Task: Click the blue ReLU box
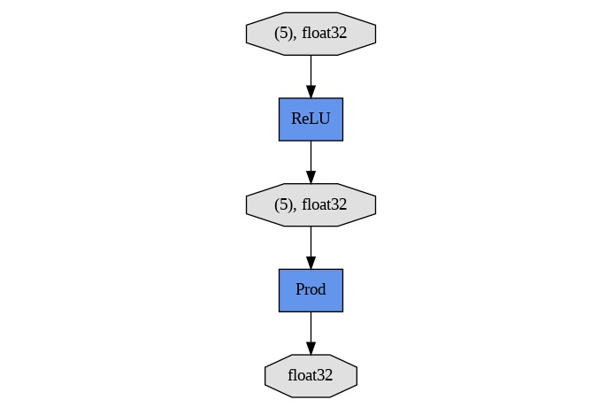pos(311,119)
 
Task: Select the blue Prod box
pos(311,290)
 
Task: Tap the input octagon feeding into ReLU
pos(311,34)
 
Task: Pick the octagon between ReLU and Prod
pos(311,204)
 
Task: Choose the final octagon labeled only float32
pos(311,376)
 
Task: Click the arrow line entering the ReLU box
pos(311,70)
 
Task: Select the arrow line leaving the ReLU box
pos(311,155)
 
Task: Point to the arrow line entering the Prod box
pos(311,241)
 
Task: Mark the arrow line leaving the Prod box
pos(311,327)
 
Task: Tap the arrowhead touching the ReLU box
pos(311,91)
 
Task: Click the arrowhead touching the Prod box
pos(311,262)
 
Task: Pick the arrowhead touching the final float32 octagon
pos(311,348)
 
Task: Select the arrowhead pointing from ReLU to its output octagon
pos(311,176)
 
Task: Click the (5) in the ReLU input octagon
pos(283,34)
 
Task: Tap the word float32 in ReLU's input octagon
pos(324,34)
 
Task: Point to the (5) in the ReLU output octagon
pos(283,204)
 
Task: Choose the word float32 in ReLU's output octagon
pos(324,204)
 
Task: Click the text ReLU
pos(311,119)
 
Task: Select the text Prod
pos(311,290)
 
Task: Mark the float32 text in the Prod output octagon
pos(311,376)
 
